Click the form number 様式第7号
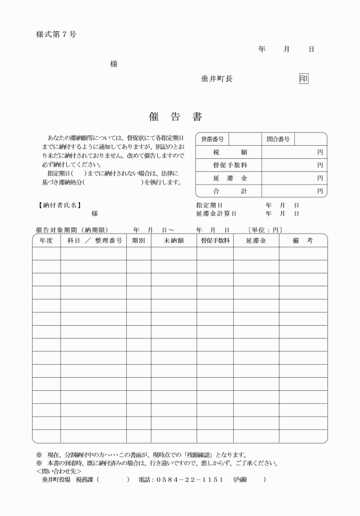[x=56, y=34]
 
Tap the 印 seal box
[x=303, y=79]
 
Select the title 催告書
[x=181, y=117]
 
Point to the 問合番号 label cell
[x=278, y=139]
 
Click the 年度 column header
[x=46, y=241]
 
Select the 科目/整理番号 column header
[x=94, y=241]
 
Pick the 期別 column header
[x=138, y=241]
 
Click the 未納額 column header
[x=174, y=241]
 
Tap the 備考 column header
[x=303, y=241]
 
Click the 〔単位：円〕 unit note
[x=265, y=230]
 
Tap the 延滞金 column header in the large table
[x=256, y=241]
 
